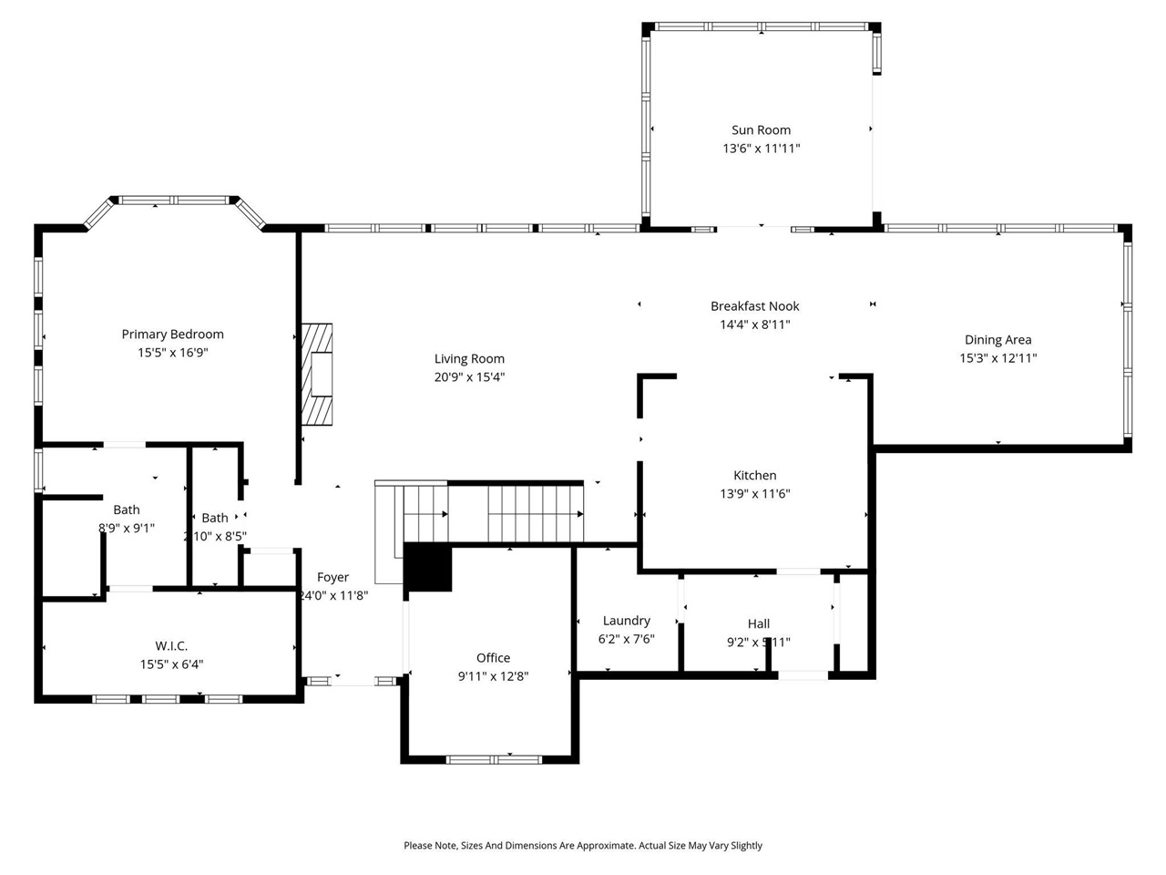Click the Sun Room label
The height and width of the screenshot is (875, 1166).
(x=761, y=130)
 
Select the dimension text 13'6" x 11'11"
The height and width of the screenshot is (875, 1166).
(x=761, y=149)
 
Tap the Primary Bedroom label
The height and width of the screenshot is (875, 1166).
(x=172, y=335)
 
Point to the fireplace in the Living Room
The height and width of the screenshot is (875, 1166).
(x=318, y=374)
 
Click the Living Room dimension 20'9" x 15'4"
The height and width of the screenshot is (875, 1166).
(x=469, y=377)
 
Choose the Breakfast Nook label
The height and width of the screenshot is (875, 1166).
(x=754, y=306)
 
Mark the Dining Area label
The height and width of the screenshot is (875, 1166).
(x=997, y=340)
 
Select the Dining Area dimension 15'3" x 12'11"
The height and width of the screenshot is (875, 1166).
(x=997, y=358)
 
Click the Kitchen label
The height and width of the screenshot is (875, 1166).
(x=754, y=476)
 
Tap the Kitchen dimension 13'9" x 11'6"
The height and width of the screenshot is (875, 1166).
(x=754, y=494)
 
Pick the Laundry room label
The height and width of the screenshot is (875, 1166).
(x=626, y=621)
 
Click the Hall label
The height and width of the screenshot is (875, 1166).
(x=758, y=624)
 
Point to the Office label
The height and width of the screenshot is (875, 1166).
(x=493, y=658)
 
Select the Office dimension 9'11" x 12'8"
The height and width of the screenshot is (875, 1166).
(x=493, y=676)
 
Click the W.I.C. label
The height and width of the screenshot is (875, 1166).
(x=171, y=646)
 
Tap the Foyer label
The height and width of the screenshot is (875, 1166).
(x=332, y=578)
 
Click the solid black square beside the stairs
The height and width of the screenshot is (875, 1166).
(x=427, y=567)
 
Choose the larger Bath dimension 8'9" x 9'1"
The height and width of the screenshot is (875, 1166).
(x=127, y=528)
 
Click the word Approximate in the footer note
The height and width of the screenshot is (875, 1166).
(x=597, y=846)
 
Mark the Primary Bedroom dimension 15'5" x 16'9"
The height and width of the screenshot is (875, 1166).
(x=172, y=353)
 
